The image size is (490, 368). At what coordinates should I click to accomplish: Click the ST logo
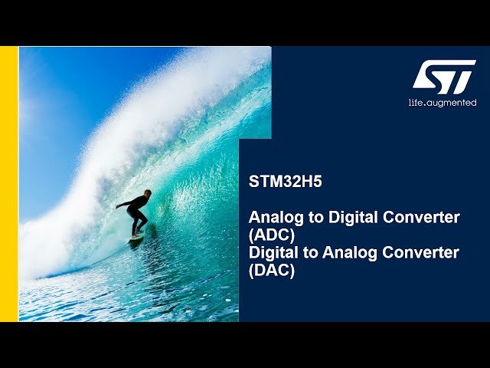pos(444,77)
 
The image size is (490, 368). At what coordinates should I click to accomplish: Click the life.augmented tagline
pos(442,103)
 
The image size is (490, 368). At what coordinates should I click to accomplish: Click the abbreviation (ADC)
pos(271,235)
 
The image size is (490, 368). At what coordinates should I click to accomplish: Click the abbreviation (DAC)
pos(271,270)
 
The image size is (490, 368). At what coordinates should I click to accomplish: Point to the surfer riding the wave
pos(136,214)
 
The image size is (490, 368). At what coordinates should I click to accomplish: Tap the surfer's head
pos(147,193)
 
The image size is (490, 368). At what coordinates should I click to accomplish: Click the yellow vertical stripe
pos(8,184)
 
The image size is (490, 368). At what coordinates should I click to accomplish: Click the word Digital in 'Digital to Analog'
pos(272,252)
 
